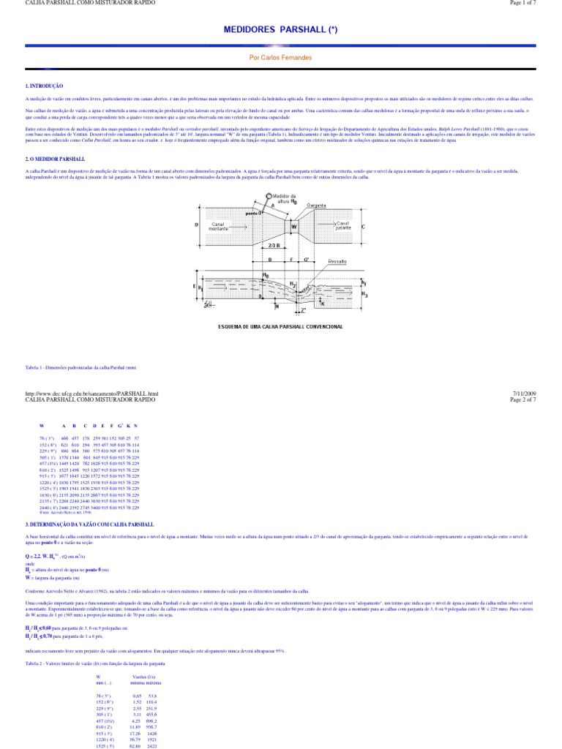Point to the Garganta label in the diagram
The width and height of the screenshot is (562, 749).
pos(316,206)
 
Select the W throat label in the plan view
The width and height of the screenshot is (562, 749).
pos(294,227)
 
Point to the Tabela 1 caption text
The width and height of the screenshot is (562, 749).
pos(69,366)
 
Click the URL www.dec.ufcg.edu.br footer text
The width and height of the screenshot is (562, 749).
pos(91,394)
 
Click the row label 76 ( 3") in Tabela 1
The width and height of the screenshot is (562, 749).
pos(47,437)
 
